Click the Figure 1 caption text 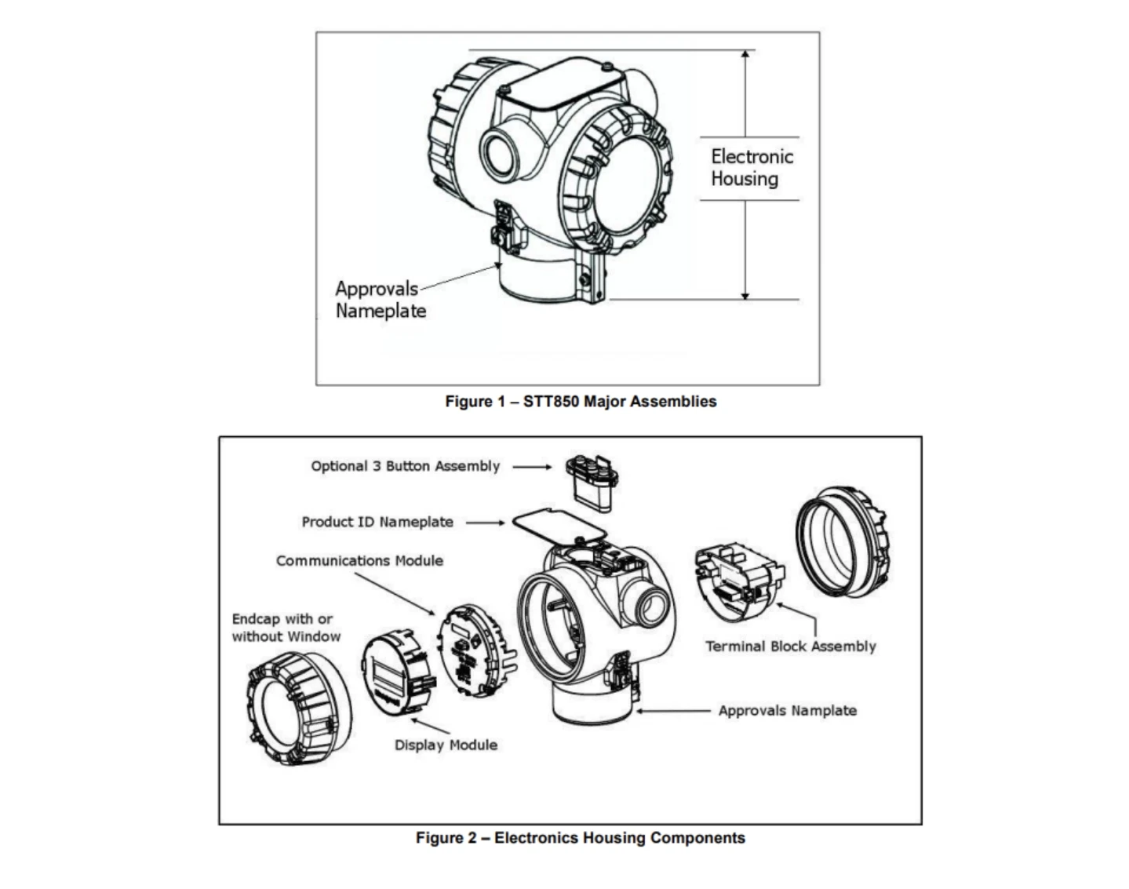click(581, 402)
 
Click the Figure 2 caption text click(581, 838)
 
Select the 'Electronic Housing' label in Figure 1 click(751, 168)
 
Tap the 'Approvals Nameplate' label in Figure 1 click(380, 300)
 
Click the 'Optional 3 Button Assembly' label click(405, 466)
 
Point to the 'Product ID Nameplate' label click(377, 522)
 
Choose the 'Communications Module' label click(359, 561)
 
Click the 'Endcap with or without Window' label click(286, 628)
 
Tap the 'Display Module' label click(446, 745)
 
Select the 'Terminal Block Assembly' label click(790, 647)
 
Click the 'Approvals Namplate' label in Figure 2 click(787, 711)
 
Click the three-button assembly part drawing click(590, 481)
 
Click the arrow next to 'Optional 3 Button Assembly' click(533, 466)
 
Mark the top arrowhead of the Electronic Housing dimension click(745, 54)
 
